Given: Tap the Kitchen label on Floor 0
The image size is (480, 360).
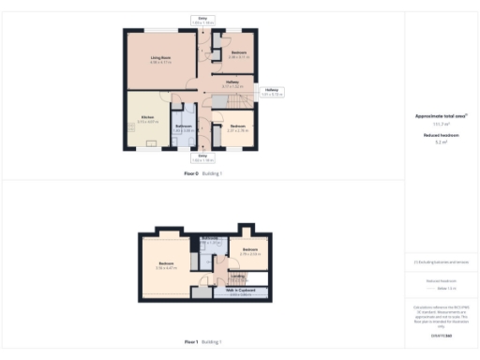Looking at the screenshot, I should (x=148, y=118).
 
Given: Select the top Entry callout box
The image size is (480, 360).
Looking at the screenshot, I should (x=203, y=20).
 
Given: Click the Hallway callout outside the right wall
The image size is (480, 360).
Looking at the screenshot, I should (x=272, y=92).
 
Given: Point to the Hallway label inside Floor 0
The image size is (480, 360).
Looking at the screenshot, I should (x=233, y=83).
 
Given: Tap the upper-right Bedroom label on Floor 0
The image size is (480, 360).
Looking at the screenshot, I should (x=238, y=53).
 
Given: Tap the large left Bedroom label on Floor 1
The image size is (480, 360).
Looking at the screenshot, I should (x=167, y=265).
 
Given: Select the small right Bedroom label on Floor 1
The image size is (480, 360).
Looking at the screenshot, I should (x=249, y=250).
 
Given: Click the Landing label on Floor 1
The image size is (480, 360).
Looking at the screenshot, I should (x=239, y=277).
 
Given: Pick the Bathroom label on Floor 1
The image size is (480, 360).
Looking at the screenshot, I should (x=210, y=240).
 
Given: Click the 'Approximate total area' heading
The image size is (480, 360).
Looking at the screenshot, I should (x=442, y=116).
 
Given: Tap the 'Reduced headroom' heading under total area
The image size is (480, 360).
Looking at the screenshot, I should (x=442, y=135).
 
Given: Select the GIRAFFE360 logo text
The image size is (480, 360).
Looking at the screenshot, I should (x=442, y=335).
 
